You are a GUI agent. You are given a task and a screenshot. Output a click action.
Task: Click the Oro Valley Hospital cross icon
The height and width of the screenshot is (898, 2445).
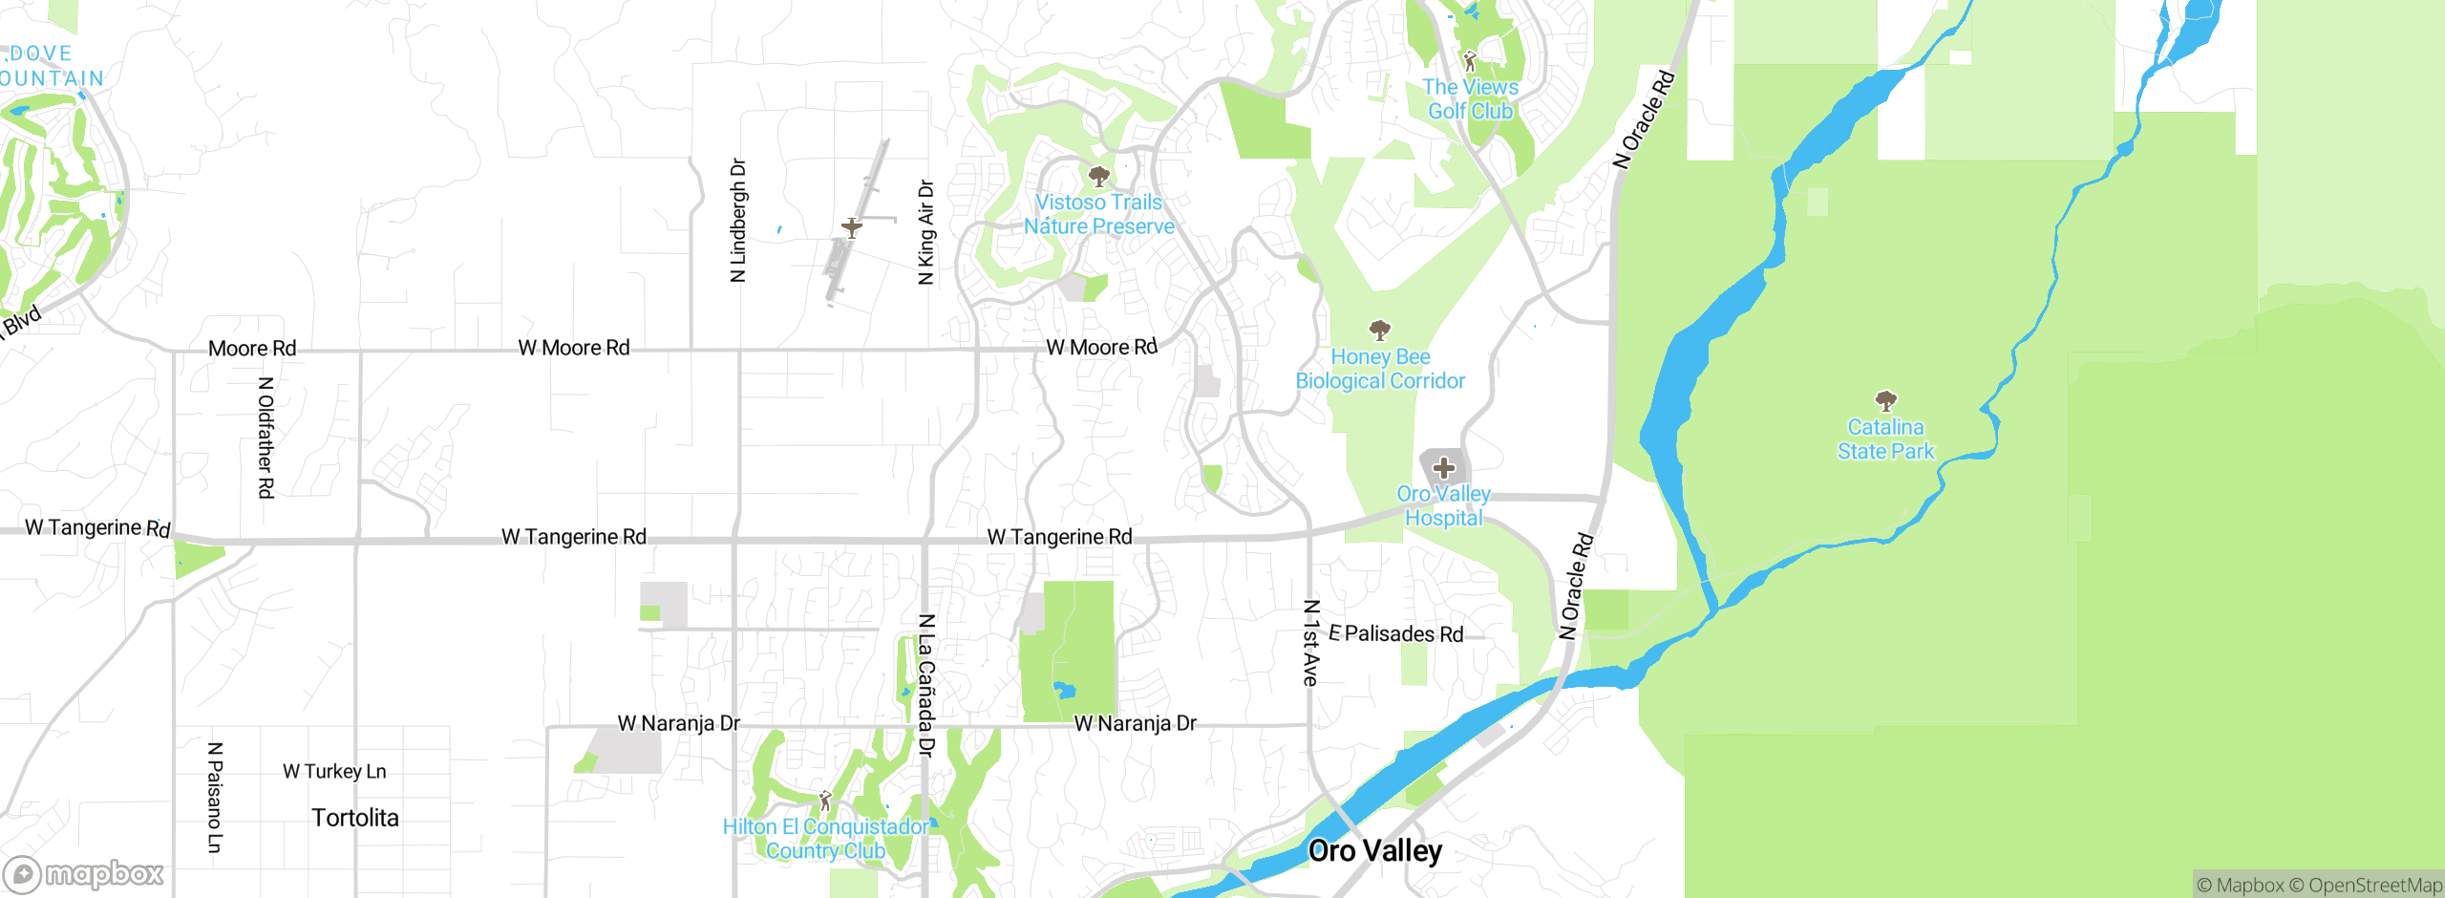pos(1444,468)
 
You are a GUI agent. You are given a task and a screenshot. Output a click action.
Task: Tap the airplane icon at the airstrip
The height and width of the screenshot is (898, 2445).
pos(851,227)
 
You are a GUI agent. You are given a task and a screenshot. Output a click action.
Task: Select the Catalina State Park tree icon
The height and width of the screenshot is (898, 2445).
pos(1885,400)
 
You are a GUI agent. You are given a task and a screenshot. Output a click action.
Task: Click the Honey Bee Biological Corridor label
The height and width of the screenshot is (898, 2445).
pos(1380,369)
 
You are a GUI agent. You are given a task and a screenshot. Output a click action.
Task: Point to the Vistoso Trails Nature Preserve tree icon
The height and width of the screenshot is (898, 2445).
pos(1098,176)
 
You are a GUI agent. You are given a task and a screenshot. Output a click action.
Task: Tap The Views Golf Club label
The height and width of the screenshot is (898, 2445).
pos(1470,99)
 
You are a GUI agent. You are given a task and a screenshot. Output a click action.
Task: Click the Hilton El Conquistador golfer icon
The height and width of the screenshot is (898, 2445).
pos(825,801)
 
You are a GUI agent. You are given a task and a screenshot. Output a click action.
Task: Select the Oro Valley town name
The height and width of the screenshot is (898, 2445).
pos(1374,850)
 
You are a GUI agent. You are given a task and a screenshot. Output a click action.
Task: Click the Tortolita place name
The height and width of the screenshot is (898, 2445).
pos(354,818)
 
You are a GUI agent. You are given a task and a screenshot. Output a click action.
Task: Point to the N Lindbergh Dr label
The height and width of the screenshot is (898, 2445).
pos(737,221)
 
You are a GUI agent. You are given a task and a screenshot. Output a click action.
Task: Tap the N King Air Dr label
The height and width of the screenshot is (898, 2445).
pos(925,232)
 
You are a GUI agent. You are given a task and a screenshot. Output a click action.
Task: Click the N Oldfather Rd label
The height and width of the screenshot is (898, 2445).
pos(266,438)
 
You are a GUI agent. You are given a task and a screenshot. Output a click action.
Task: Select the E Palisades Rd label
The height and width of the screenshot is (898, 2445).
pos(1395,633)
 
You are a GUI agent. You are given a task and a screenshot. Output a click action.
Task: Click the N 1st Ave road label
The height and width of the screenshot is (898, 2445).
pos(1311,643)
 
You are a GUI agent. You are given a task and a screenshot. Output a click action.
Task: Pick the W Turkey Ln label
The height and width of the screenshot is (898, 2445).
pos(334,771)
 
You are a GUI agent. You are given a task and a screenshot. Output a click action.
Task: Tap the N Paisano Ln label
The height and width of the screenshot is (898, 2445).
pos(215,797)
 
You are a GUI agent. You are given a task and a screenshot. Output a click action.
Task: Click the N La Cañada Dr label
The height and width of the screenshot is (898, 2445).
pos(925,686)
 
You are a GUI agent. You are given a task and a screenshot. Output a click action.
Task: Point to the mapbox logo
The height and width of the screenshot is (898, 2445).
pos(83,873)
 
